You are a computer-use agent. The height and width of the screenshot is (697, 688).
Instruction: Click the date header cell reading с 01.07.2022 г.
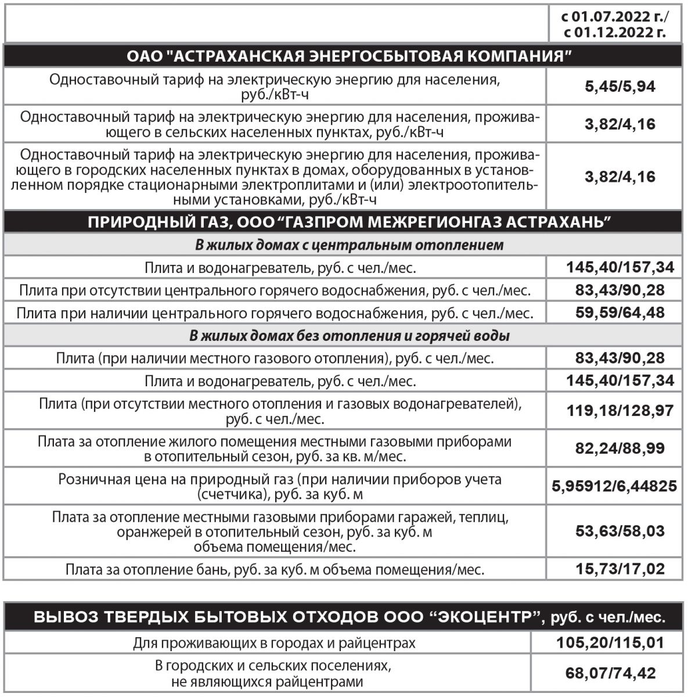tap(615, 17)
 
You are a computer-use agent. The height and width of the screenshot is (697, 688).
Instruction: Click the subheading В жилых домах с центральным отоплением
tap(348, 245)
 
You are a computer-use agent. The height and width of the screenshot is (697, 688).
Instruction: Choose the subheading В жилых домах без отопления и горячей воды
tap(350, 336)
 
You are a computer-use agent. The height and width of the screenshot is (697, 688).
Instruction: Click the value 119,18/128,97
tap(619, 411)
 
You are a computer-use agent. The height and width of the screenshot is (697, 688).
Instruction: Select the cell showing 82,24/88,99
tap(619, 448)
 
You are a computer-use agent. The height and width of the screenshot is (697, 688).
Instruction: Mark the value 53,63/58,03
tap(619, 531)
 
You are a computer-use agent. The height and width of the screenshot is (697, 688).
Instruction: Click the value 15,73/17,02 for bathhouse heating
tap(619, 569)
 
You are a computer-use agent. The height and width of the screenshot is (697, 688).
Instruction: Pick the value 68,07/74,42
tap(611, 674)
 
